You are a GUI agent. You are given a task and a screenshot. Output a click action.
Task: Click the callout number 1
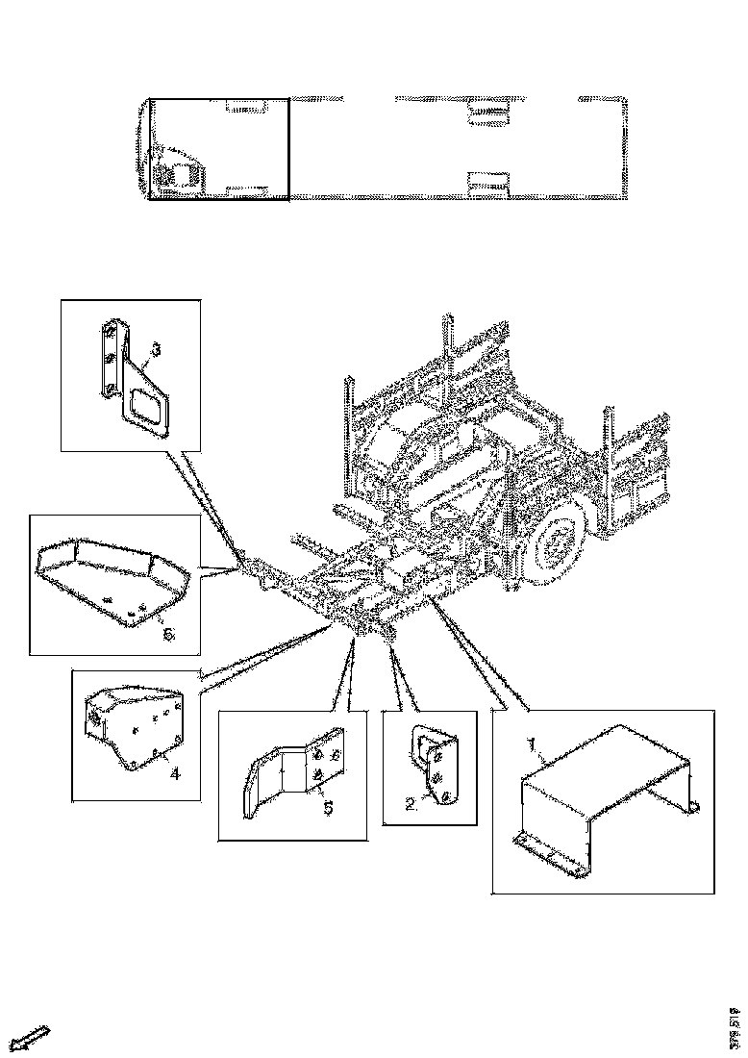coord(529,744)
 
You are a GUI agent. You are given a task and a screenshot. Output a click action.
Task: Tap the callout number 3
coord(155,349)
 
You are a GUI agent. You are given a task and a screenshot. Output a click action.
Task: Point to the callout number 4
coord(174,772)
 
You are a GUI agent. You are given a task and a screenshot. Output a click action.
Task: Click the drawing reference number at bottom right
coord(734,1025)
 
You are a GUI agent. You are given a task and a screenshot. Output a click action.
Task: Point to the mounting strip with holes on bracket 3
coord(109,360)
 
